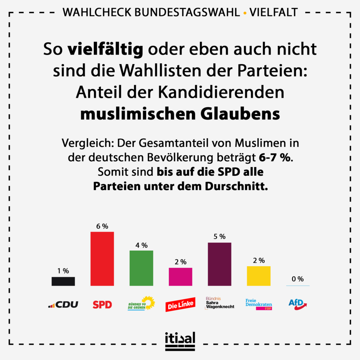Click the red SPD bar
tap(102, 258)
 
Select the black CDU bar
tap(63, 281)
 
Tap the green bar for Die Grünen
tap(141, 268)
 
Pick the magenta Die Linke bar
tap(180, 277)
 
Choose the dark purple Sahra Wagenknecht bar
tap(219, 264)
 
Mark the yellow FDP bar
tap(259, 276)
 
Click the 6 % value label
tap(102, 226)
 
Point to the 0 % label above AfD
tap(298, 279)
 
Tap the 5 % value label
tap(219, 237)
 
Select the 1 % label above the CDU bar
tap(63, 271)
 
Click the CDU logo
tap(63, 304)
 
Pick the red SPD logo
tap(102, 304)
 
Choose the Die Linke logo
tap(180, 305)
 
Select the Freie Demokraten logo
tap(259, 304)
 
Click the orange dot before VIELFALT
tap(245, 13)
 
